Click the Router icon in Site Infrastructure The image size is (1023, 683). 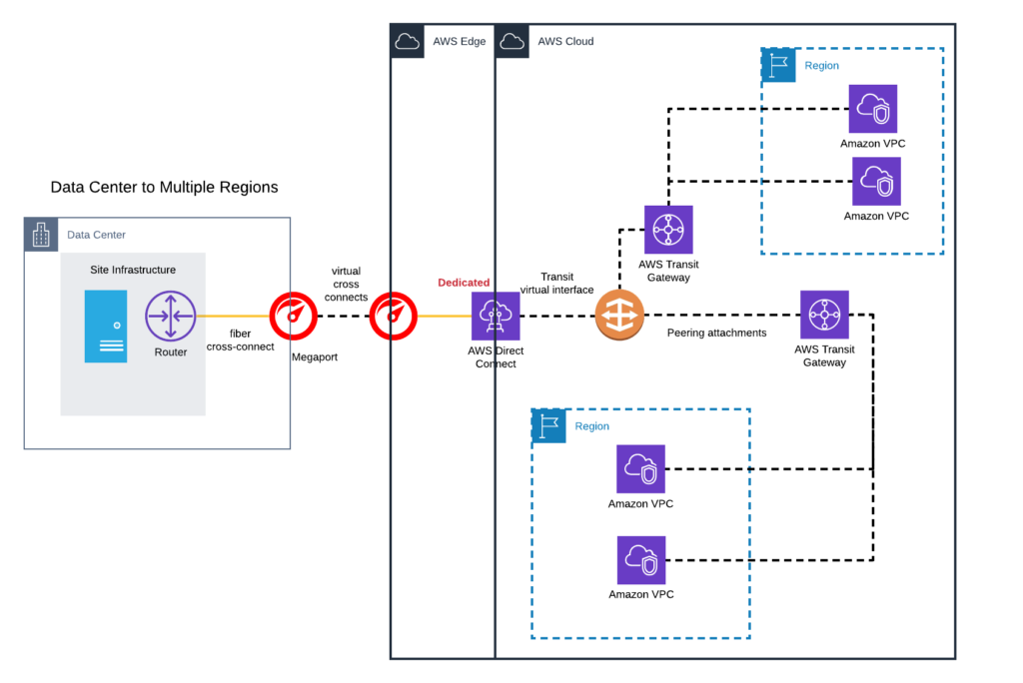tap(170, 316)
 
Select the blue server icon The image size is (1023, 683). tap(106, 326)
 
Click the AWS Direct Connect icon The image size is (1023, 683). tap(496, 317)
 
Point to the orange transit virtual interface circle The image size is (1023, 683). tap(619, 317)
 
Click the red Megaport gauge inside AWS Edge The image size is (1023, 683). tap(394, 317)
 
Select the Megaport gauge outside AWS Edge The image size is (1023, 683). tap(294, 317)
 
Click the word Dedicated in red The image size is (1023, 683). tap(464, 283)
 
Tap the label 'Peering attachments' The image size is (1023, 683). tap(716, 333)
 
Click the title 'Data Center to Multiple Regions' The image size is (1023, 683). tap(164, 187)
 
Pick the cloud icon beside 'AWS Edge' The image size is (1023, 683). tap(408, 41)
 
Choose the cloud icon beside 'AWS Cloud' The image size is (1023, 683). tap(512, 41)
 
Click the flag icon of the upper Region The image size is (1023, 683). tap(778, 65)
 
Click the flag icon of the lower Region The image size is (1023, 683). tap(548, 425)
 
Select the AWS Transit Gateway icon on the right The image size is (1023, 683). tap(824, 316)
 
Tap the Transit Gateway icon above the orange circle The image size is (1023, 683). tap(668, 231)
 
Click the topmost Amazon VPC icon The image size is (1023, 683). tap(873, 109)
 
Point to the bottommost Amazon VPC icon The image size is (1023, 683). tap(640, 561)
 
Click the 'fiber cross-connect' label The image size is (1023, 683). tap(240, 340)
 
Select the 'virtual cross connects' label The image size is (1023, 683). tap(347, 285)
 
